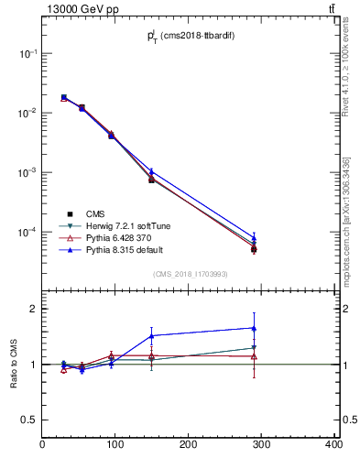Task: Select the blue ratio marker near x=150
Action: click(x=151, y=335)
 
